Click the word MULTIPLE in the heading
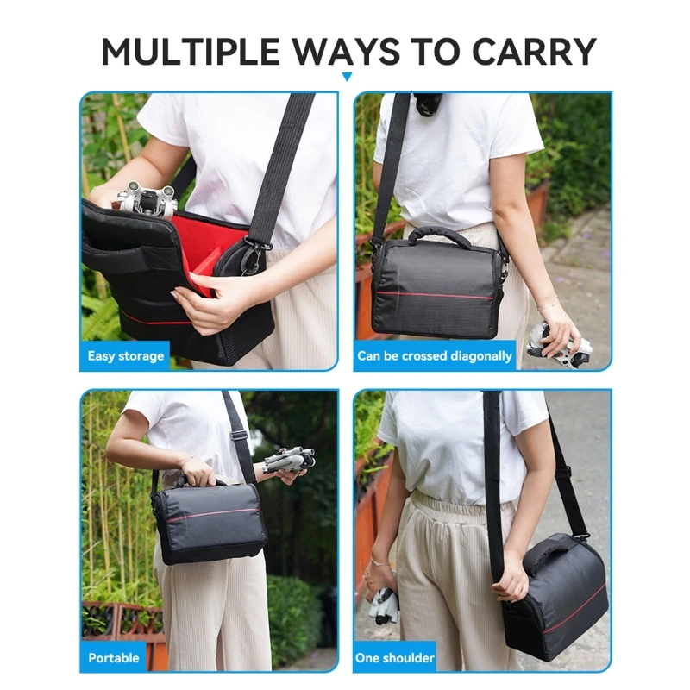[x=191, y=51]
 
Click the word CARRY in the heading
[x=534, y=51]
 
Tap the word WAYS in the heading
[x=347, y=51]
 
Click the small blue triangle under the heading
[x=347, y=77]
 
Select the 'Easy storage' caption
[x=125, y=355]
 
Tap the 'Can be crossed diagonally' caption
[x=435, y=355]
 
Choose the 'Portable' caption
[x=114, y=658]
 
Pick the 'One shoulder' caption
[x=395, y=658]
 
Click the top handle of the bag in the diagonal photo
[x=439, y=235]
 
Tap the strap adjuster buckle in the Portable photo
[x=239, y=436]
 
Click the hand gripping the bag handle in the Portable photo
[x=199, y=471]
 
